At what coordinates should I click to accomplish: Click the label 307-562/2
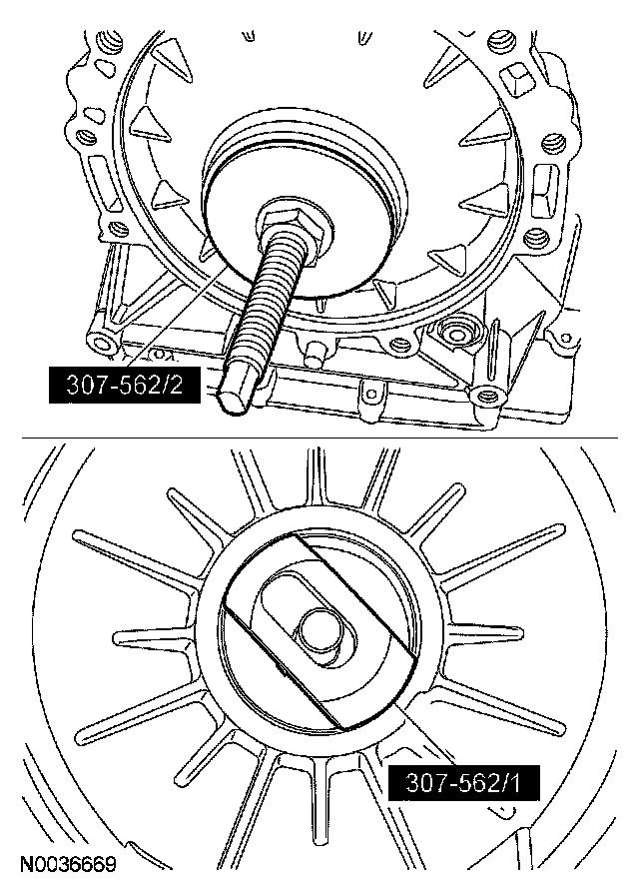click(125, 386)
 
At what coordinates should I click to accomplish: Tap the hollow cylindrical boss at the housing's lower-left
click(103, 343)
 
